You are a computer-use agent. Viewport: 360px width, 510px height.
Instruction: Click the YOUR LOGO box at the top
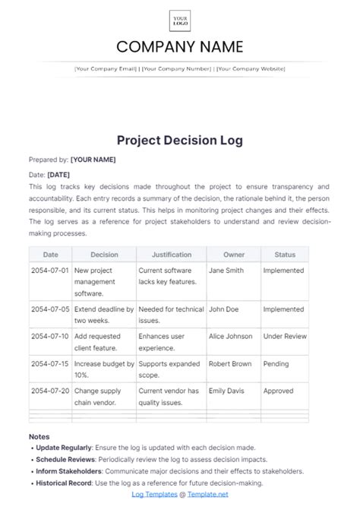[180, 21]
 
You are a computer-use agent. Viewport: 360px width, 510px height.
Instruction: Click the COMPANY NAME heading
[180, 46]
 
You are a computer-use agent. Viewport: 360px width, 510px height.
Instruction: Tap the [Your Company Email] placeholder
[106, 68]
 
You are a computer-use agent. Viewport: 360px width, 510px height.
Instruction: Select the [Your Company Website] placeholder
[251, 68]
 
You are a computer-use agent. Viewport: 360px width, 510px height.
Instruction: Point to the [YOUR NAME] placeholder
[93, 160]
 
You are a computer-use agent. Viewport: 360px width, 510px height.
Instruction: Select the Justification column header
[171, 255]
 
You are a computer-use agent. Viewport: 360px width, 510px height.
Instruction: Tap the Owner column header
[233, 255]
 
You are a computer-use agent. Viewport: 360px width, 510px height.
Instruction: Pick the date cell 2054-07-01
[50, 269]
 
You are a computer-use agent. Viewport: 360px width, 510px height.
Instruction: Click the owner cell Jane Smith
[226, 269]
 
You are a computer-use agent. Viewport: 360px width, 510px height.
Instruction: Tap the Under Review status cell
[285, 334]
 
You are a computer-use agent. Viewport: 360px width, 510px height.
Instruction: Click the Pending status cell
[276, 364]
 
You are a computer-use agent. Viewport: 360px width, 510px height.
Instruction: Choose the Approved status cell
[278, 391]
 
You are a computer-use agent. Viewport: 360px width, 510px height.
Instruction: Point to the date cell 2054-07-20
[50, 391]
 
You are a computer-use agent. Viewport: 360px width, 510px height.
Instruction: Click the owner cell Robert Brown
[229, 364]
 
